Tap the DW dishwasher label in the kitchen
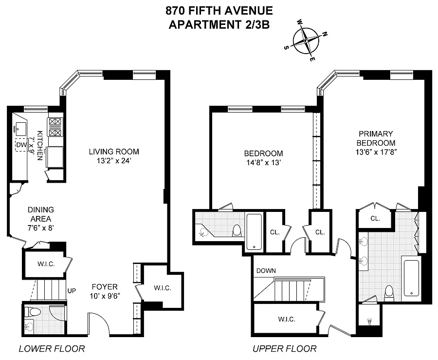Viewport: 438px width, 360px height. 20,145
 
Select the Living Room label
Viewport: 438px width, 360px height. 114,151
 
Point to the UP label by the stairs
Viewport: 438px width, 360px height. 72,291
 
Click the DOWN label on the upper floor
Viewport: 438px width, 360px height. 266,271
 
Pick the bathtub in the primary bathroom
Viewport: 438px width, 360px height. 412,278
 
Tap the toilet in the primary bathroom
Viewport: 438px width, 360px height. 389,292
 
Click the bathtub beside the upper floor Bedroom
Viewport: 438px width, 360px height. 255,231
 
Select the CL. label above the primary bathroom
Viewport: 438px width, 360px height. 375,219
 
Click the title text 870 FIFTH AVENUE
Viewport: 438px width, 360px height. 220,10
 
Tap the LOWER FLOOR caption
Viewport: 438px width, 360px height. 52,348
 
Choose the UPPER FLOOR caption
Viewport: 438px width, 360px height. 284,348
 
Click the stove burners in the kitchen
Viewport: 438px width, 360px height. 55,127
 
